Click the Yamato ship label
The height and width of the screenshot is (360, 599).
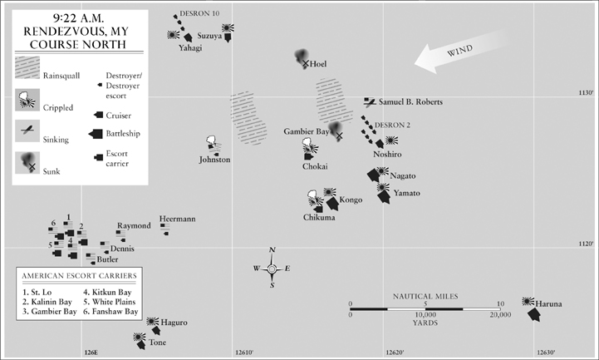coord(407,194)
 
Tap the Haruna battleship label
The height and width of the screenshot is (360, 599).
coord(548,304)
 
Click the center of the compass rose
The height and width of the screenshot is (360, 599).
coord(272,268)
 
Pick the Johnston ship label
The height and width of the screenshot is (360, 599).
coord(214,160)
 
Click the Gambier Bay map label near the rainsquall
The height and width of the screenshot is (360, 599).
coord(304,132)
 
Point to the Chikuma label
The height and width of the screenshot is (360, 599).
coord(319,218)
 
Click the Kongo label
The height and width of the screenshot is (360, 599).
coord(351,200)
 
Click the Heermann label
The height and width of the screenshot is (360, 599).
coord(177,218)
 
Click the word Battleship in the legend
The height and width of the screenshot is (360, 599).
coord(124,133)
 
